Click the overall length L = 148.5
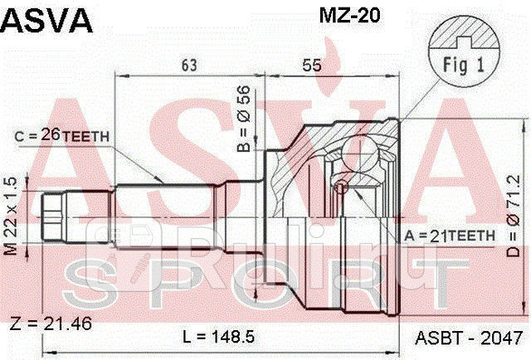click(x=215, y=337)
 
